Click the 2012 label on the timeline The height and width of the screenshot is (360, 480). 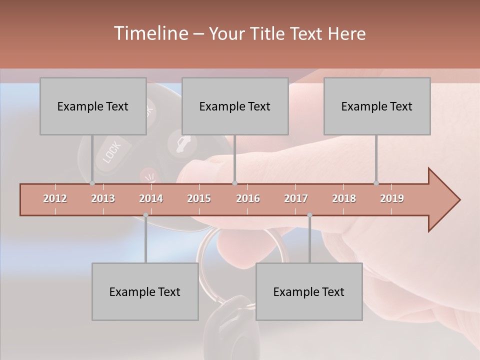coord(55,198)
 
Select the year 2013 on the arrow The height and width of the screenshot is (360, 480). coord(103,198)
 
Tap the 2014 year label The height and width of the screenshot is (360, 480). coord(151,198)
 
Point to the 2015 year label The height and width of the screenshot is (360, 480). coord(199,198)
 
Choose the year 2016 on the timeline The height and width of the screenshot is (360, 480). coord(248,198)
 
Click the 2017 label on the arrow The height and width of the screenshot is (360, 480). coord(296,198)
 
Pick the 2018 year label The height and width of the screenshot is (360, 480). coord(344,198)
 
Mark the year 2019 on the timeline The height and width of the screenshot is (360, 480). coord(392,198)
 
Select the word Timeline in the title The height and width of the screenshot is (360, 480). coord(150,33)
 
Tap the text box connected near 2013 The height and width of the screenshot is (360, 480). coord(93,106)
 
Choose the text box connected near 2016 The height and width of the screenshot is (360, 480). coord(235,106)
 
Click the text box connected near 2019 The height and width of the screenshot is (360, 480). coord(377,106)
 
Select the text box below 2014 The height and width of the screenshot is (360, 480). coord(145,291)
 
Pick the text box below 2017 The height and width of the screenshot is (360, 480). coord(309,291)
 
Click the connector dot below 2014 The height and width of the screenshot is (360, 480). coord(145,215)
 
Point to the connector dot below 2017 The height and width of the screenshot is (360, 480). coord(309,215)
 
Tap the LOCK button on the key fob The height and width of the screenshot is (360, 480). coord(111,152)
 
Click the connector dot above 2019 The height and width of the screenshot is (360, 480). coord(376,183)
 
